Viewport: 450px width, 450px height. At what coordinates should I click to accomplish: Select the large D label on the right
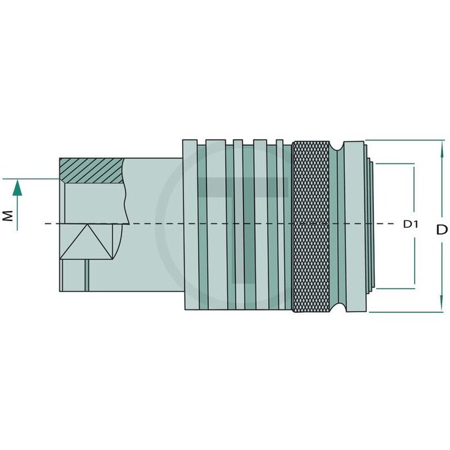tap(442, 228)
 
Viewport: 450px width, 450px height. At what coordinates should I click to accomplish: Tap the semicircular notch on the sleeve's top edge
tap(338, 145)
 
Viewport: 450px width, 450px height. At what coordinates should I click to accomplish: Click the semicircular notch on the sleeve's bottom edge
tap(338, 307)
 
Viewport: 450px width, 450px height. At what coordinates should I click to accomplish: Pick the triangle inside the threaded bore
tap(90, 242)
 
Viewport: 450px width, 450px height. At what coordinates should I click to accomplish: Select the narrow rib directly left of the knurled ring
tap(280, 225)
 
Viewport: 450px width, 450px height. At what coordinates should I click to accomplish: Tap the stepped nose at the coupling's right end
tap(370, 225)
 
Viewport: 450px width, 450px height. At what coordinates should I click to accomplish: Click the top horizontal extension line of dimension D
tap(405, 140)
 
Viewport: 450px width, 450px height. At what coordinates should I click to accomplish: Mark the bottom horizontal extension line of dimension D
tap(405, 312)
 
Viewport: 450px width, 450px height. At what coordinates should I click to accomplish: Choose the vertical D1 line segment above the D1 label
tap(414, 190)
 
